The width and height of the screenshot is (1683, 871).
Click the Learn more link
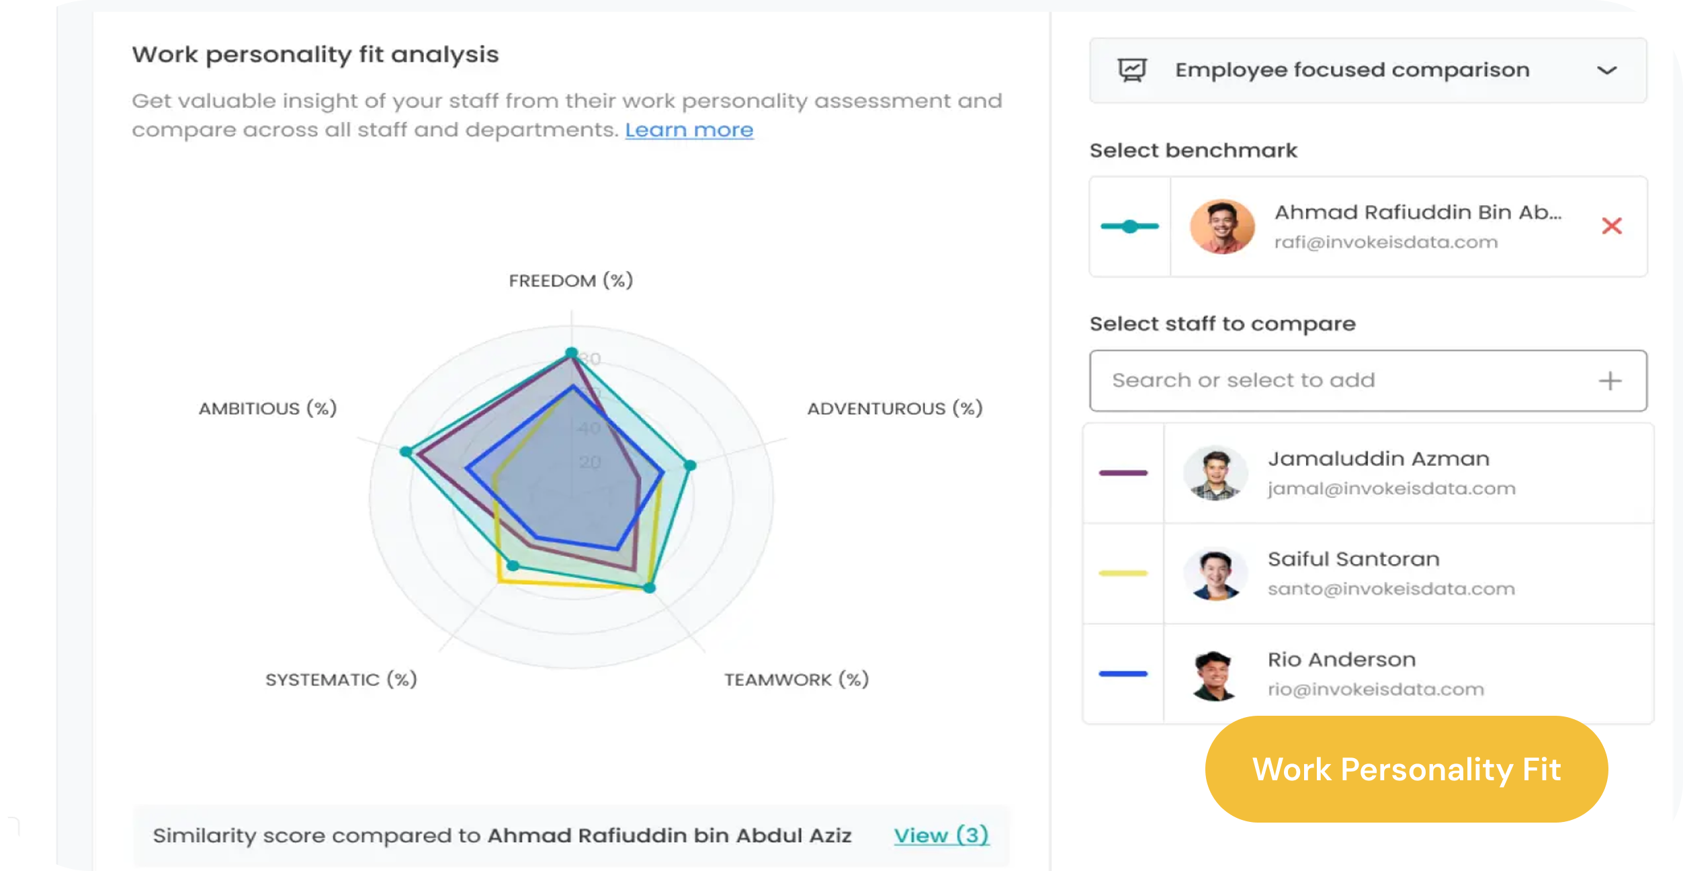[x=689, y=130]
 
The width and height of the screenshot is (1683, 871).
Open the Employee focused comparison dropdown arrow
[x=1606, y=71]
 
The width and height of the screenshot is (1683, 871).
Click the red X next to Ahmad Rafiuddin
[x=1611, y=226]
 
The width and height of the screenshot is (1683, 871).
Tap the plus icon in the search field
[x=1609, y=381]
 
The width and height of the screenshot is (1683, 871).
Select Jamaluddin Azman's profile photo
[x=1215, y=473]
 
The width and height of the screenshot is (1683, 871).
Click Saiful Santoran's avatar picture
[x=1215, y=574]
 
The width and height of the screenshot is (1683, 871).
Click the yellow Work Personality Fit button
[x=1406, y=769]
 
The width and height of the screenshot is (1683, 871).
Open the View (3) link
[x=941, y=835]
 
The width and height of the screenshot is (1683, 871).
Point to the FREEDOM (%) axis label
[x=570, y=280]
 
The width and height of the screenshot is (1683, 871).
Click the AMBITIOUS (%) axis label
[x=267, y=408]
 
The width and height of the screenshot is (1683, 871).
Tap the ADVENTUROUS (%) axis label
[x=894, y=408]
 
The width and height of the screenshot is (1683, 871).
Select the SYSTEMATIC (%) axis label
[x=341, y=679]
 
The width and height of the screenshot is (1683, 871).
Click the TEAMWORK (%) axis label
[x=796, y=679]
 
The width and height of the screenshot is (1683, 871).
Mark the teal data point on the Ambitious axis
[x=406, y=451]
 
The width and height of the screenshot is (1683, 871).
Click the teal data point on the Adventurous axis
[x=690, y=464]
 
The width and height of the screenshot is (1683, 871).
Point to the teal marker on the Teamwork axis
[x=649, y=588]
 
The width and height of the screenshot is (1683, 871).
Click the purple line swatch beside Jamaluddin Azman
[x=1123, y=473]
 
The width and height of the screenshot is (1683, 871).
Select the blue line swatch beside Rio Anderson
[x=1123, y=673]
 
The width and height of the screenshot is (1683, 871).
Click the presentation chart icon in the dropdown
[x=1132, y=70]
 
